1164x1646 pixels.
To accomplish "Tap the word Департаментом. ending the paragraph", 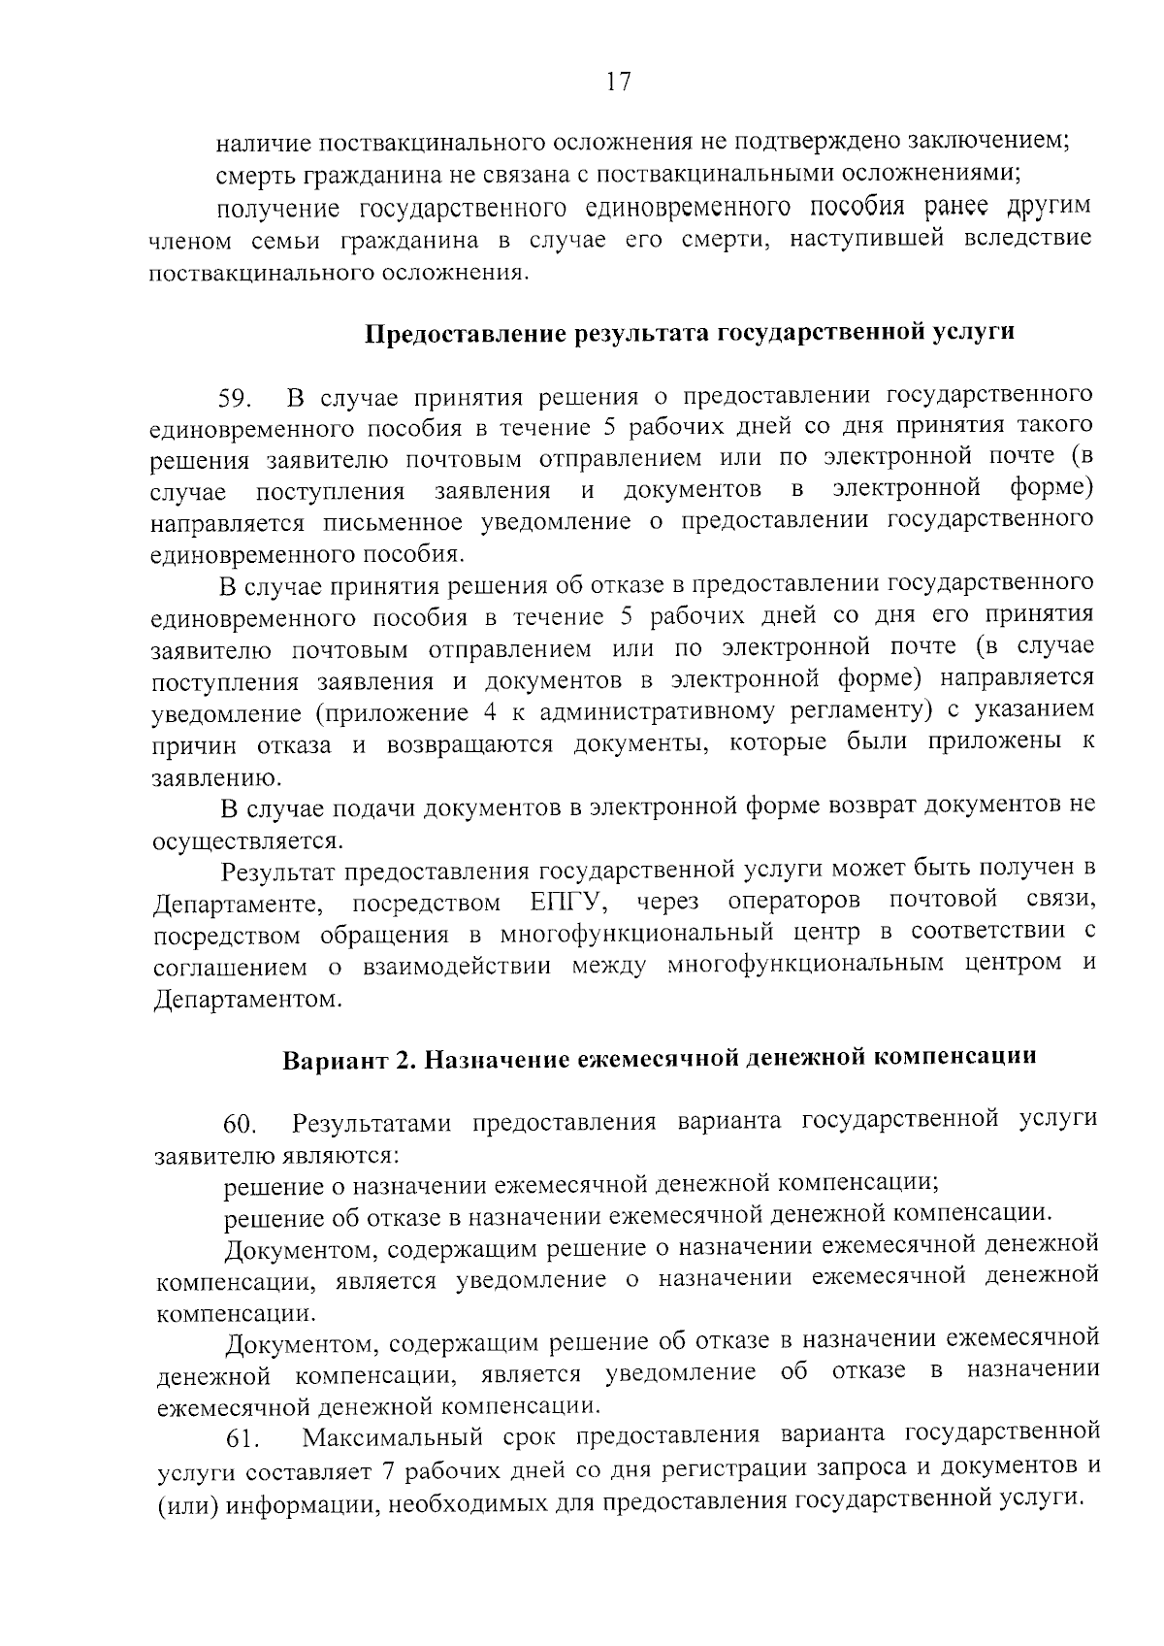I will click(x=248, y=999).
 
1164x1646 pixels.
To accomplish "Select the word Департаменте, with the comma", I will click(x=238, y=905).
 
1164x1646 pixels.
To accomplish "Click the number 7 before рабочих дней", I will click(x=389, y=1470).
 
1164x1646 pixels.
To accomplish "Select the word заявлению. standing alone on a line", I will click(x=204, y=778).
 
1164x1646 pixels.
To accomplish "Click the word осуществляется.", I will click(x=247, y=840).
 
